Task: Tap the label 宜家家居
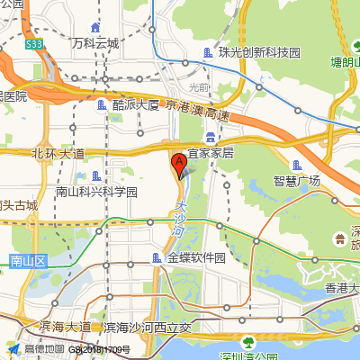pyautogui.click(x=210, y=153)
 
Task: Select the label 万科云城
pyautogui.click(x=95, y=42)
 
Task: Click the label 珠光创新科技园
pyautogui.click(x=263, y=53)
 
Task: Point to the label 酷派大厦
pyautogui.click(x=135, y=104)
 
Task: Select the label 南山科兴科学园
pyautogui.click(x=96, y=192)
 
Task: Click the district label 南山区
pyautogui.click(x=27, y=261)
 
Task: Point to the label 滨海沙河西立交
pyautogui.click(x=148, y=327)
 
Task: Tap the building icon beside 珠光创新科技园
pyautogui.click(x=209, y=53)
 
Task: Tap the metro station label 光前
pyautogui.click(x=198, y=87)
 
